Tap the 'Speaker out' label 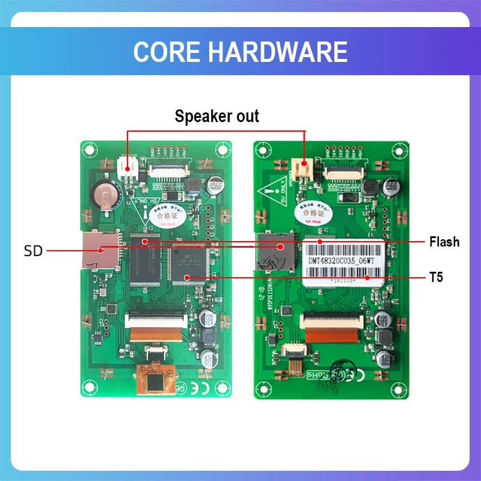click(x=216, y=116)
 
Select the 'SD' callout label click(x=34, y=251)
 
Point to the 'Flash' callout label click(x=444, y=242)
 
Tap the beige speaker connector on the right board click(x=300, y=164)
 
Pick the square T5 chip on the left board click(x=189, y=265)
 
